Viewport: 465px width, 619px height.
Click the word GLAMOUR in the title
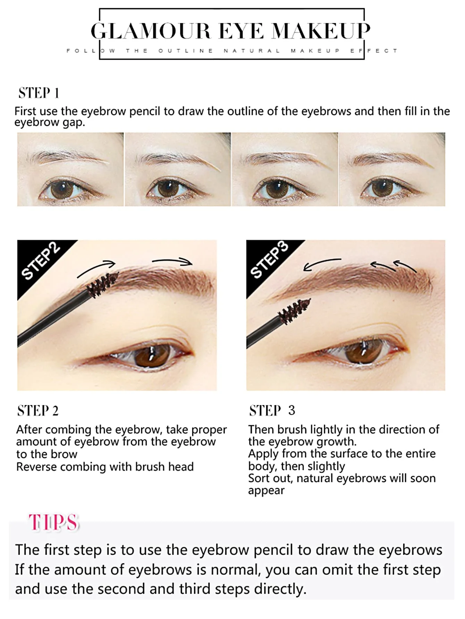(151, 31)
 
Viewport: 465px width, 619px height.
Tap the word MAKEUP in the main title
(321, 31)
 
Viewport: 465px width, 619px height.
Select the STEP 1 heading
(39, 93)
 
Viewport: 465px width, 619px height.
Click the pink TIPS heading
(54, 522)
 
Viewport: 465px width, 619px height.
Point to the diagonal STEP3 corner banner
(269, 260)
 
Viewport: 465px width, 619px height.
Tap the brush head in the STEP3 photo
(294, 311)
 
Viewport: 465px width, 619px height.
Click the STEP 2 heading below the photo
(38, 411)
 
